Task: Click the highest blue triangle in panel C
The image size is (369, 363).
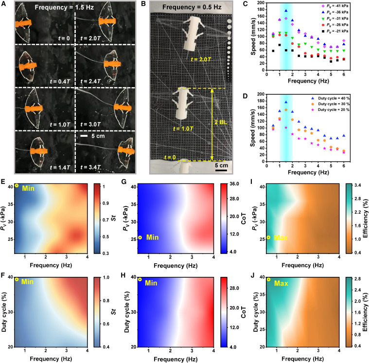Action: tap(286, 11)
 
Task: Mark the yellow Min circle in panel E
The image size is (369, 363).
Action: tap(17, 185)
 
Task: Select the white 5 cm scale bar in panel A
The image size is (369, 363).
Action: tap(84, 136)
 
